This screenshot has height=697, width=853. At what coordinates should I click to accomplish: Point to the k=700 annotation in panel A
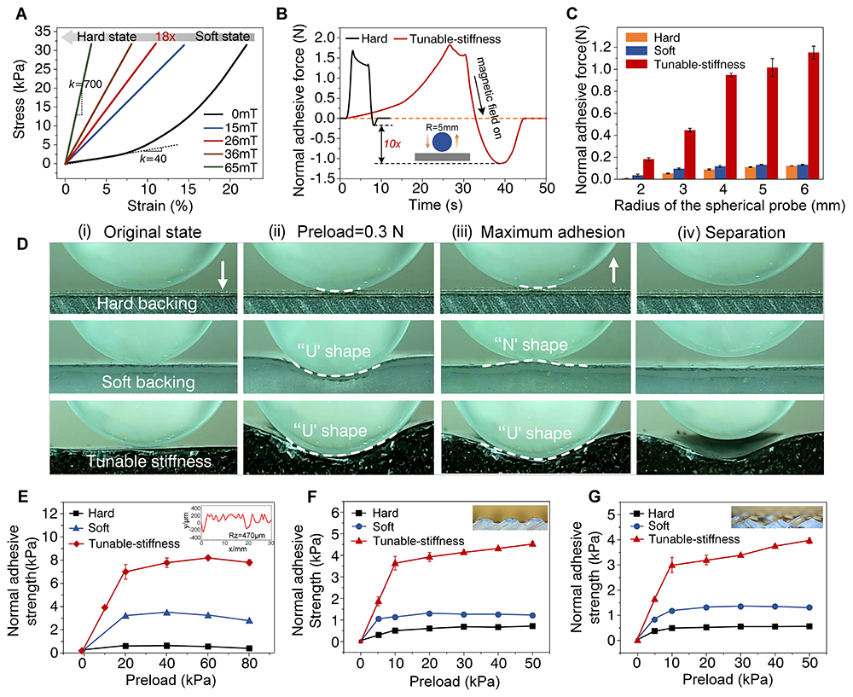86,85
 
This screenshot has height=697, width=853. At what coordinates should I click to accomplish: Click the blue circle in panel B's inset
442,140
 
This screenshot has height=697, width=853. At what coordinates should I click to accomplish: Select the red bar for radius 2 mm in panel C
648,169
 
